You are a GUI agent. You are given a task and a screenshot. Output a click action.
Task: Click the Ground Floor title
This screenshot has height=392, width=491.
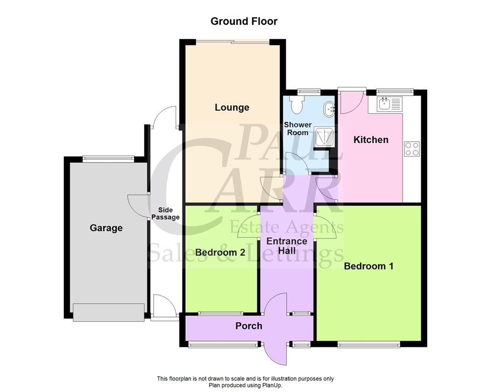point(244,22)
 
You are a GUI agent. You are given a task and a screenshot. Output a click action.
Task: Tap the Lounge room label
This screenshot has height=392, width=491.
point(232,107)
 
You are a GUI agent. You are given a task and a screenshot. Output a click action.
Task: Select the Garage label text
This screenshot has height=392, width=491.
point(106,228)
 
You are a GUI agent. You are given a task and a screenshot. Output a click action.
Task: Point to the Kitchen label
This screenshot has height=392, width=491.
point(371,140)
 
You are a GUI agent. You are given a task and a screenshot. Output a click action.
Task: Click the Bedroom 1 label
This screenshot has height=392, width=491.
point(369,266)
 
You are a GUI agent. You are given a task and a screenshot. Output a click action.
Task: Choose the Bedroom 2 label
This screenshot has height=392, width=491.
point(220,253)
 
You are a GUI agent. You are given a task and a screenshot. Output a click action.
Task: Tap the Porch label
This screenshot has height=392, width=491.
point(248,326)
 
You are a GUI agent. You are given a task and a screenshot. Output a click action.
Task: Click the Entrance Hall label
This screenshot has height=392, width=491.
point(287,246)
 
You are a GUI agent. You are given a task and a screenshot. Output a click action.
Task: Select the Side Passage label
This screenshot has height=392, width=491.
point(165,214)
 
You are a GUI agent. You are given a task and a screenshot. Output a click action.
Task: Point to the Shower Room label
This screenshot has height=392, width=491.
point(298,128)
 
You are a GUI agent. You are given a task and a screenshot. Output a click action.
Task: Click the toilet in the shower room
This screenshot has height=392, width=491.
point(297,104)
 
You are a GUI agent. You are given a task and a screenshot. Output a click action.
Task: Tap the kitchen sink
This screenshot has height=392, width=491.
point(389,103)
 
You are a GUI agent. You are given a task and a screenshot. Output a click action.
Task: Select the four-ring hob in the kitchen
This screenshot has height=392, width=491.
point(411,148)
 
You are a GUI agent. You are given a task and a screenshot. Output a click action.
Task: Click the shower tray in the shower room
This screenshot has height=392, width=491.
point(324,137)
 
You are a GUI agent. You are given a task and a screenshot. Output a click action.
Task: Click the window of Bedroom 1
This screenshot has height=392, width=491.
point(368,345)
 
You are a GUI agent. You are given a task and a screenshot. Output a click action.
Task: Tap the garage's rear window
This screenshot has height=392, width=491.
point(108,158)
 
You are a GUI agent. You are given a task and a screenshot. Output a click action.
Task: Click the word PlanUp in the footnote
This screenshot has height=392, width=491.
point(271,385)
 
